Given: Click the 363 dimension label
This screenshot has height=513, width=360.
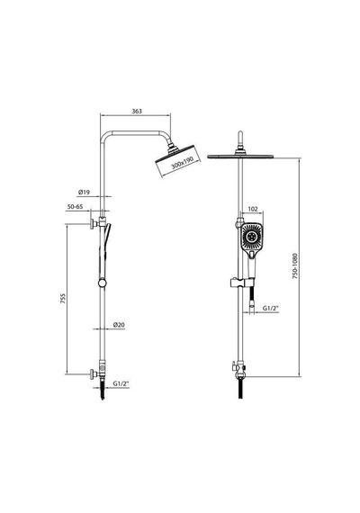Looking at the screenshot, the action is click(x=137, y=112).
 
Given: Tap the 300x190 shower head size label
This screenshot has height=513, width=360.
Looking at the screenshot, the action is click(x=183, y=163).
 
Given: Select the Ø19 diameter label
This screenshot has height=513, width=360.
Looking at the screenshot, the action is click(x=84, y=193).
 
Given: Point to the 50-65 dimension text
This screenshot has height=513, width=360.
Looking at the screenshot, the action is click(x=75, y=207).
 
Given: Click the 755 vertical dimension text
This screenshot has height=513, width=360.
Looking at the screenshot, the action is click(x=63, y=299).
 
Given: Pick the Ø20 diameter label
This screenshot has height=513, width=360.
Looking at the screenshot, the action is click(x=119, y=325).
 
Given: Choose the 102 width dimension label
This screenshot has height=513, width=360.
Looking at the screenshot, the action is click(x=253, y=209).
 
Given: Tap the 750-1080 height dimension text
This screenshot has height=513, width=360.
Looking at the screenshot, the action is click(x=295, y=265).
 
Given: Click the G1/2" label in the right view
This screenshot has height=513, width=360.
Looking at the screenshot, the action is click(x=270, y=308).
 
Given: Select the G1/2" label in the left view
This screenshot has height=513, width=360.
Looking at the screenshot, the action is click(x=121, y=383).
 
